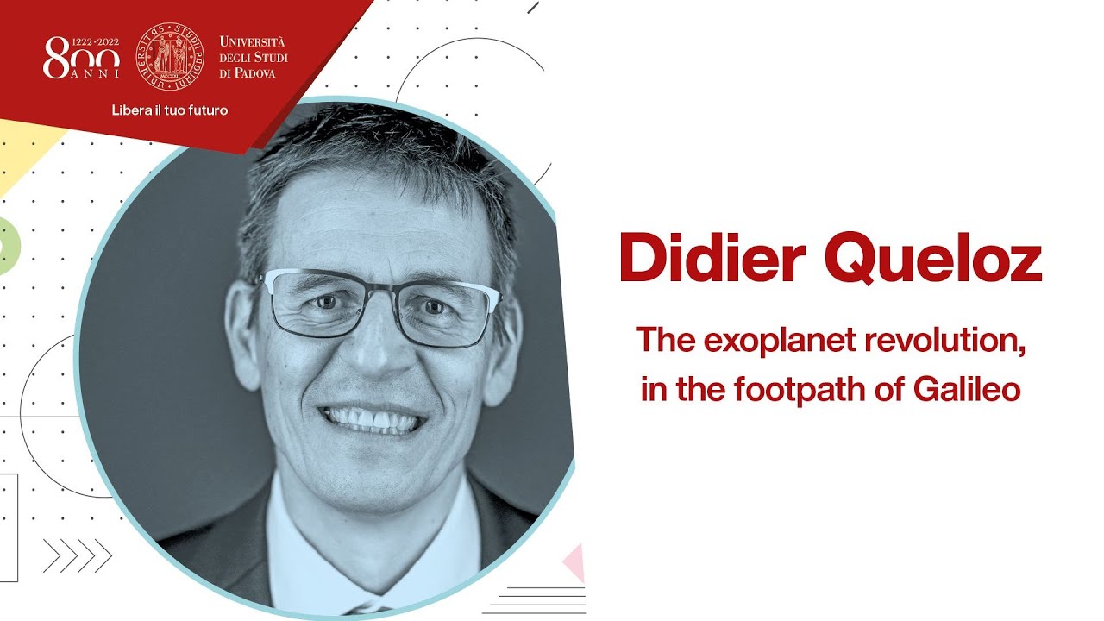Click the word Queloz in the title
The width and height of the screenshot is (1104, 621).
(x=933, y=260)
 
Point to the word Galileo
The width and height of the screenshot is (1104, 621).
(x=967, y=389)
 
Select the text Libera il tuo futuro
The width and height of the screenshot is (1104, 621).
(x=170, y=110)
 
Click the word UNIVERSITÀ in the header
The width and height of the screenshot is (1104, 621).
(x=252, y=41)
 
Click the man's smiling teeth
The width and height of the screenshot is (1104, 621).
(x=373, y=420)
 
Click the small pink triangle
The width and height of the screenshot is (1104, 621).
(x=575, y=563)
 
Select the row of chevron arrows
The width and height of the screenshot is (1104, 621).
(x=78, y=555)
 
